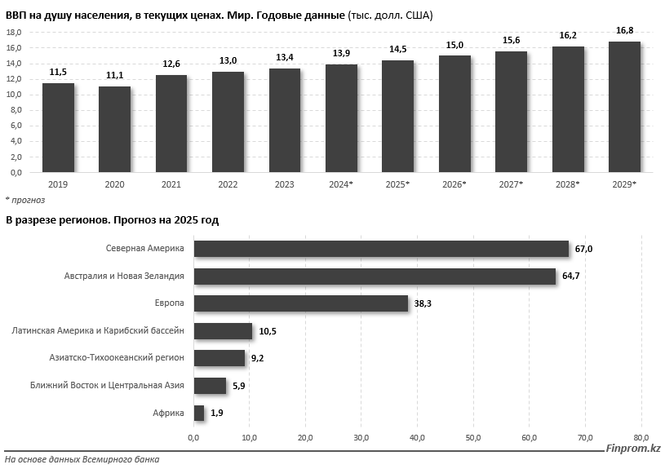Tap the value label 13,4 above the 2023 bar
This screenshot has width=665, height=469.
point(285,57)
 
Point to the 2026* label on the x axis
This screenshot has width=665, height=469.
point(454,185)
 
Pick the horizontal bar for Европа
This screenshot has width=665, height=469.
point(301,303)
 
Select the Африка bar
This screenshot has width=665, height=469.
point(199,413)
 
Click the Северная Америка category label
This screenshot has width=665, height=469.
point(144,248)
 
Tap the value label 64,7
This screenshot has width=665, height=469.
point(571,277)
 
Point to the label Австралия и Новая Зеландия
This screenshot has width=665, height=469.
point(124,276)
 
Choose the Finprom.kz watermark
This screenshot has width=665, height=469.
point(632,448)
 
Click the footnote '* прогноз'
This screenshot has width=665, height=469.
point(25,200)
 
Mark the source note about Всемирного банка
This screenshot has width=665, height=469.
point(82,460)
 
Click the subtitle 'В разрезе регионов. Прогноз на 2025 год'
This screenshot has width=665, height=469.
point(113,220)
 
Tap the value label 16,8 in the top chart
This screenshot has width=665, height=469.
point(624,30)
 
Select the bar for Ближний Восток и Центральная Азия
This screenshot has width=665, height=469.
point(210,385)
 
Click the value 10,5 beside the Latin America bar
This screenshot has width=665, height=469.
point(265,331)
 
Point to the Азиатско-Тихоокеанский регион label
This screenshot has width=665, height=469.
point(117,357)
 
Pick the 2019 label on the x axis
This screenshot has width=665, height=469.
point(58,185)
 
